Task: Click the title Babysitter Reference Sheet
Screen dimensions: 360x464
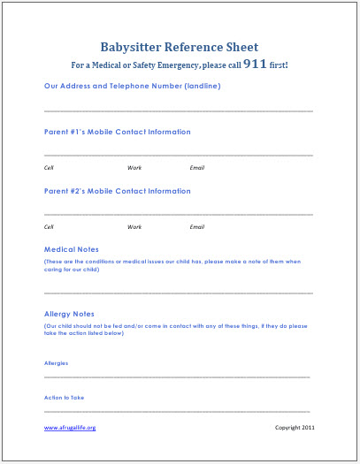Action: click(180, 47)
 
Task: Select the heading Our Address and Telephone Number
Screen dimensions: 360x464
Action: click(132, 86)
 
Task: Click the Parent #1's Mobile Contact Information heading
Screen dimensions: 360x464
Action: click(117, 132)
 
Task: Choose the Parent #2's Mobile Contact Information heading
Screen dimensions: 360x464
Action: click(117, 191)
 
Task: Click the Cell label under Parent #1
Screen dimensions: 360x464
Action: click(50, 168)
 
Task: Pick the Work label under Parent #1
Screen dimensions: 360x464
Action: click(134, 168)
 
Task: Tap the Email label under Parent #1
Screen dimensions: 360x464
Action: click(197, 168)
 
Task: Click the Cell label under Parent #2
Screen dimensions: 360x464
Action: click(50, 227)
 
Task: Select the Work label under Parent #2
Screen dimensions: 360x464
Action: click(134, 227)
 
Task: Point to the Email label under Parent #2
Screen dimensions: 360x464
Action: click(197, 227)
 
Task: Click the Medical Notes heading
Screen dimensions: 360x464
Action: click(72, 249)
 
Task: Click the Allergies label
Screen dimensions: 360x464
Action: click(56, 362)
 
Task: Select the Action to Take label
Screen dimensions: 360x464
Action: click(64, 397)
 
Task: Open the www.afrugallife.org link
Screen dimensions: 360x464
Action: click(69, 428)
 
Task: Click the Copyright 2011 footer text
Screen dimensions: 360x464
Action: click(294, 428)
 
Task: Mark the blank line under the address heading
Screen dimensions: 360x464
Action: click(178, 110)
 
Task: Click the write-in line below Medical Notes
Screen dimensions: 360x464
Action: click(178, 292)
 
